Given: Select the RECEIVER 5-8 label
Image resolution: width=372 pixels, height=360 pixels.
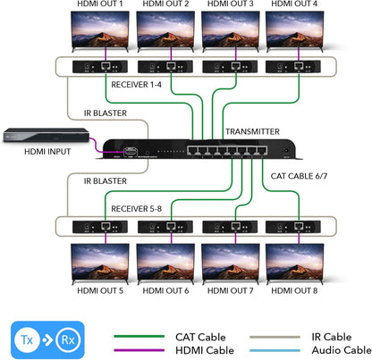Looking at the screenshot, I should tap(135, 208).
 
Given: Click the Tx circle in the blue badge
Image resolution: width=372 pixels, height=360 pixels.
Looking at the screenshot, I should tap(29, 339).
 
